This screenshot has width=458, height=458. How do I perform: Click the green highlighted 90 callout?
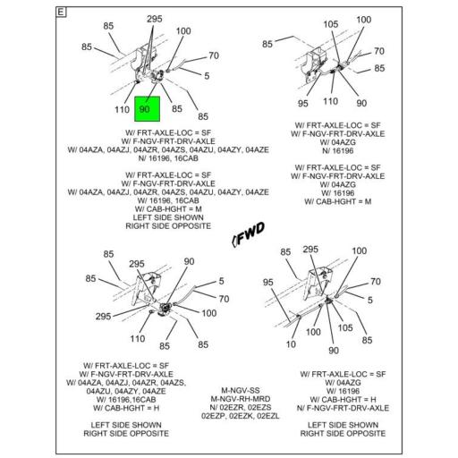coord(147,109)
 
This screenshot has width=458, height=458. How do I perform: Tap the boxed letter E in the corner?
coord(61,13)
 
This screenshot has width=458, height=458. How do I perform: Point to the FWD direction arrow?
coord(248,234)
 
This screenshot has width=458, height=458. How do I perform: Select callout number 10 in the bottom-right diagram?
coord(291,344)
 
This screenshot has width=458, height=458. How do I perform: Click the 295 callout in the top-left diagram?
coord(155,19)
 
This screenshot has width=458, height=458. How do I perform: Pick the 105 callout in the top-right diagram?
coord(331,24)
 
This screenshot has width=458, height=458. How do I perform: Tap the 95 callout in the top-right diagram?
coord(302,104)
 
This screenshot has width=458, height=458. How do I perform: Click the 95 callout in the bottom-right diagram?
coord(267,282)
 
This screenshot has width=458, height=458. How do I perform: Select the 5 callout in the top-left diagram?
coord(207,76)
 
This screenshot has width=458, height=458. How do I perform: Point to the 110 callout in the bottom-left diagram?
coord(138,339)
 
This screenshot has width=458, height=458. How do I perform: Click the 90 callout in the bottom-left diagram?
coord(189,261)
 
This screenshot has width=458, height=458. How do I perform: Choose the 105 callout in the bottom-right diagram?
coord(345,328)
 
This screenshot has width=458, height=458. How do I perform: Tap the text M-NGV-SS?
coord(241,390)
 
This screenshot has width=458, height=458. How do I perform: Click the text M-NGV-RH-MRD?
coord(241,399)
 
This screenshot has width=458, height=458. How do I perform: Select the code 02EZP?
coord(213,416)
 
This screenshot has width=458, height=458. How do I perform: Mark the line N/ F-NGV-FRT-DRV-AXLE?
coord(343,408)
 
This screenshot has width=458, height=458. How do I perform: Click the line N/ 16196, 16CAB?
coord(168,158)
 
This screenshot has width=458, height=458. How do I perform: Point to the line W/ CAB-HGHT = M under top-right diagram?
coord(338,201)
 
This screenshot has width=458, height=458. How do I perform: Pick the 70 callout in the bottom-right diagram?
coord(376,282)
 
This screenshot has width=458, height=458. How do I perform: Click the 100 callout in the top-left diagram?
coord(183,31)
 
